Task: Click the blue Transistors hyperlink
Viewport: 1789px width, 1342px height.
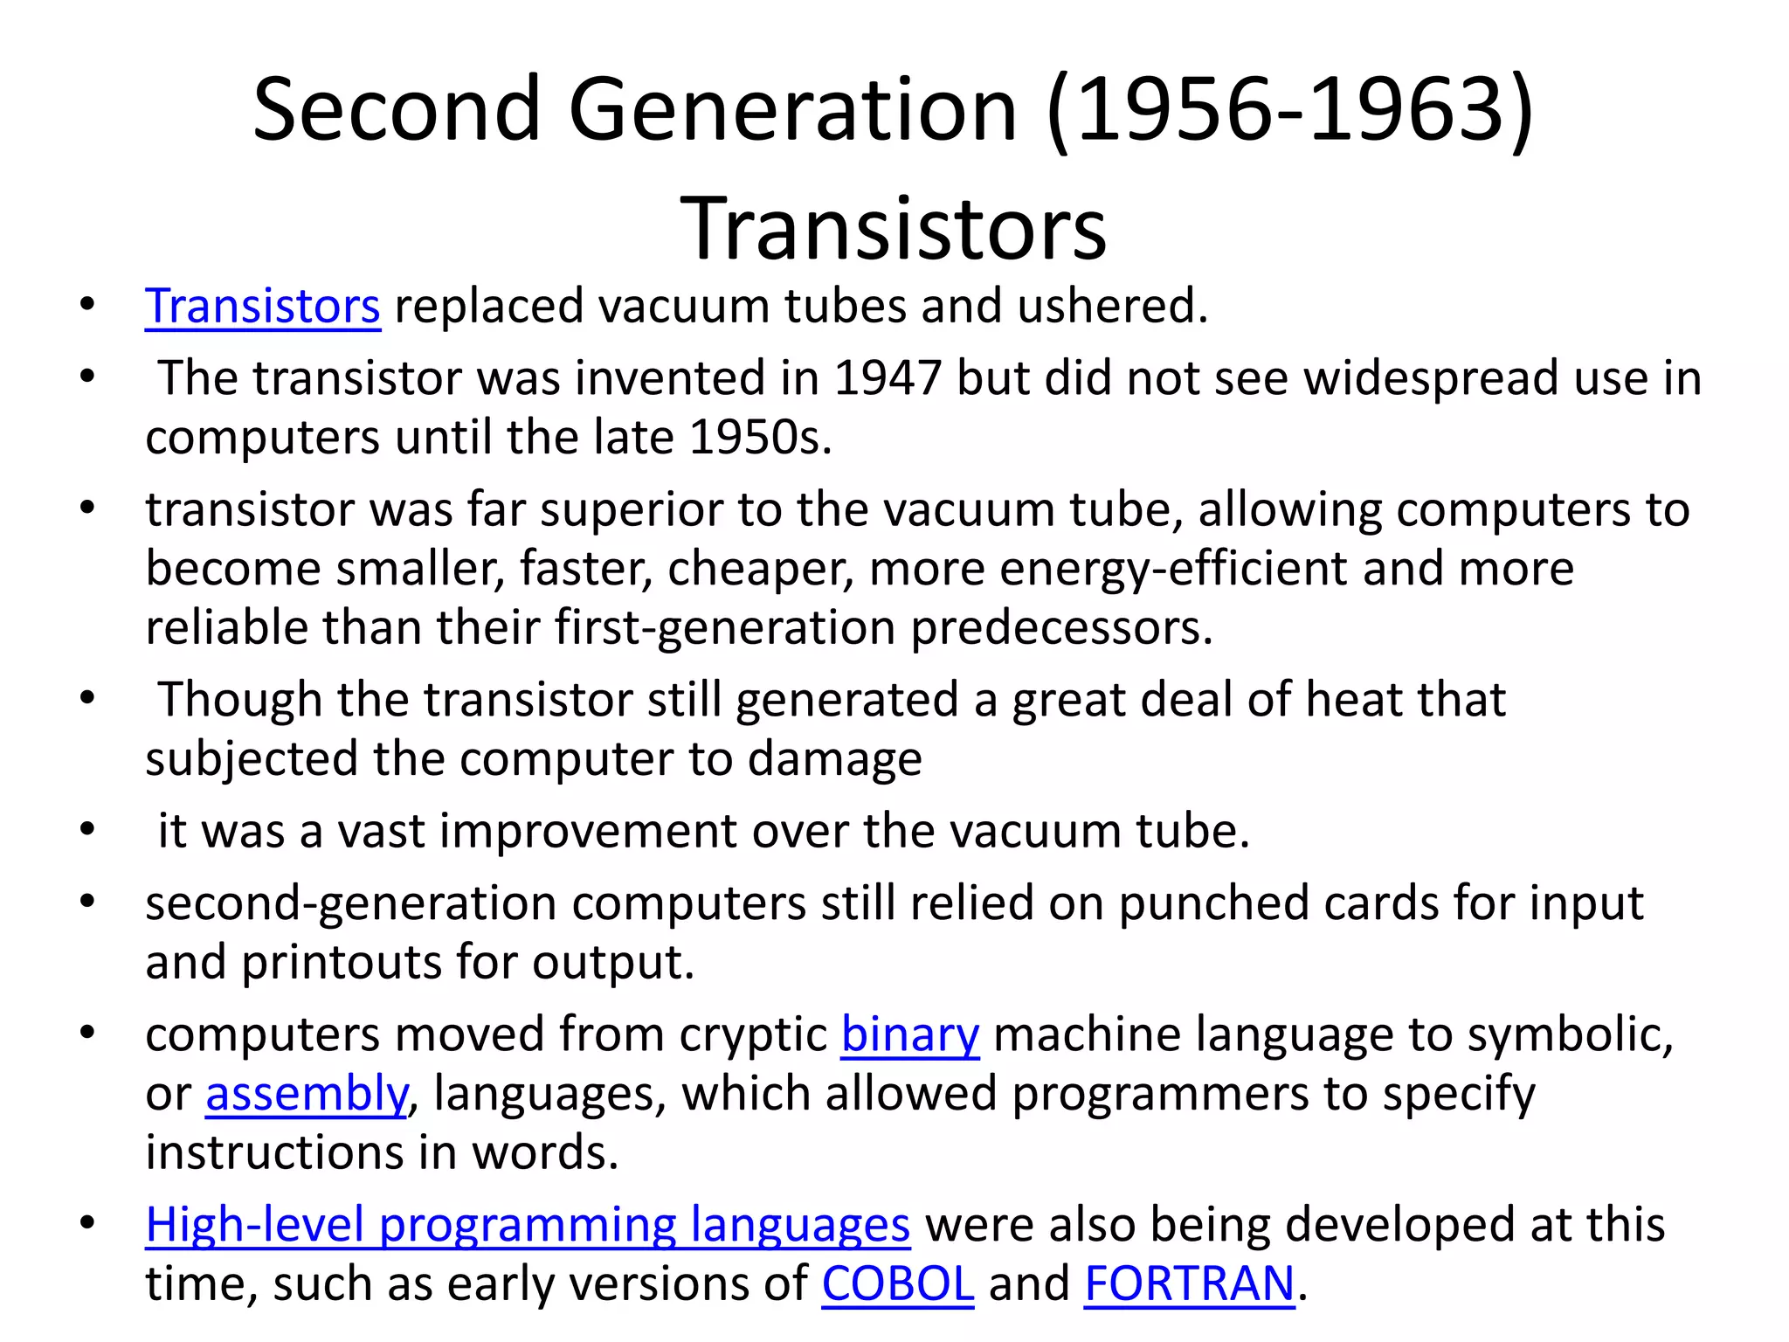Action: pyautogui.click(x=262, y=307)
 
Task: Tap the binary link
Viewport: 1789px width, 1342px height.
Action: pyautogui.click(x=910, y=1035)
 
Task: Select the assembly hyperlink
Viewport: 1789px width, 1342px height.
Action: pyautogui.click(x=306, y=1094)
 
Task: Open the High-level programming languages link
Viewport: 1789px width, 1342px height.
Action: pyautogui.click(x=528, y=1225)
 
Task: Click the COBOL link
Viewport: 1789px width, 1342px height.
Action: pyautogui.click(x=897, y=1284)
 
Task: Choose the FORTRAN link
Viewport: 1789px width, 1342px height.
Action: pyautogui.click(x=1189, y=1284)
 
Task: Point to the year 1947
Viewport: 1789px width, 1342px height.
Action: pyautogui.click(x=888, y=378)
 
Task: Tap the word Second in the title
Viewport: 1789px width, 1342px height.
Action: pyautogui.click(x=397, y=109)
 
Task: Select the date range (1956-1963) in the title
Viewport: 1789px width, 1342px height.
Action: pyautogui.click(x=1289, y=109)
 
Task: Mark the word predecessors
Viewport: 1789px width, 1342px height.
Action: pyautogui.click(x=1061, y=628)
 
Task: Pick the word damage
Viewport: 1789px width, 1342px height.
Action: pyautogui.click(x=834, y=759)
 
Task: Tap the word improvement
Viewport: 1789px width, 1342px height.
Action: pyautogui.click(x=588, y=831)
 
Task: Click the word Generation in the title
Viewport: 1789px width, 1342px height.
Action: pyautogui.click(x=793, y=109)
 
